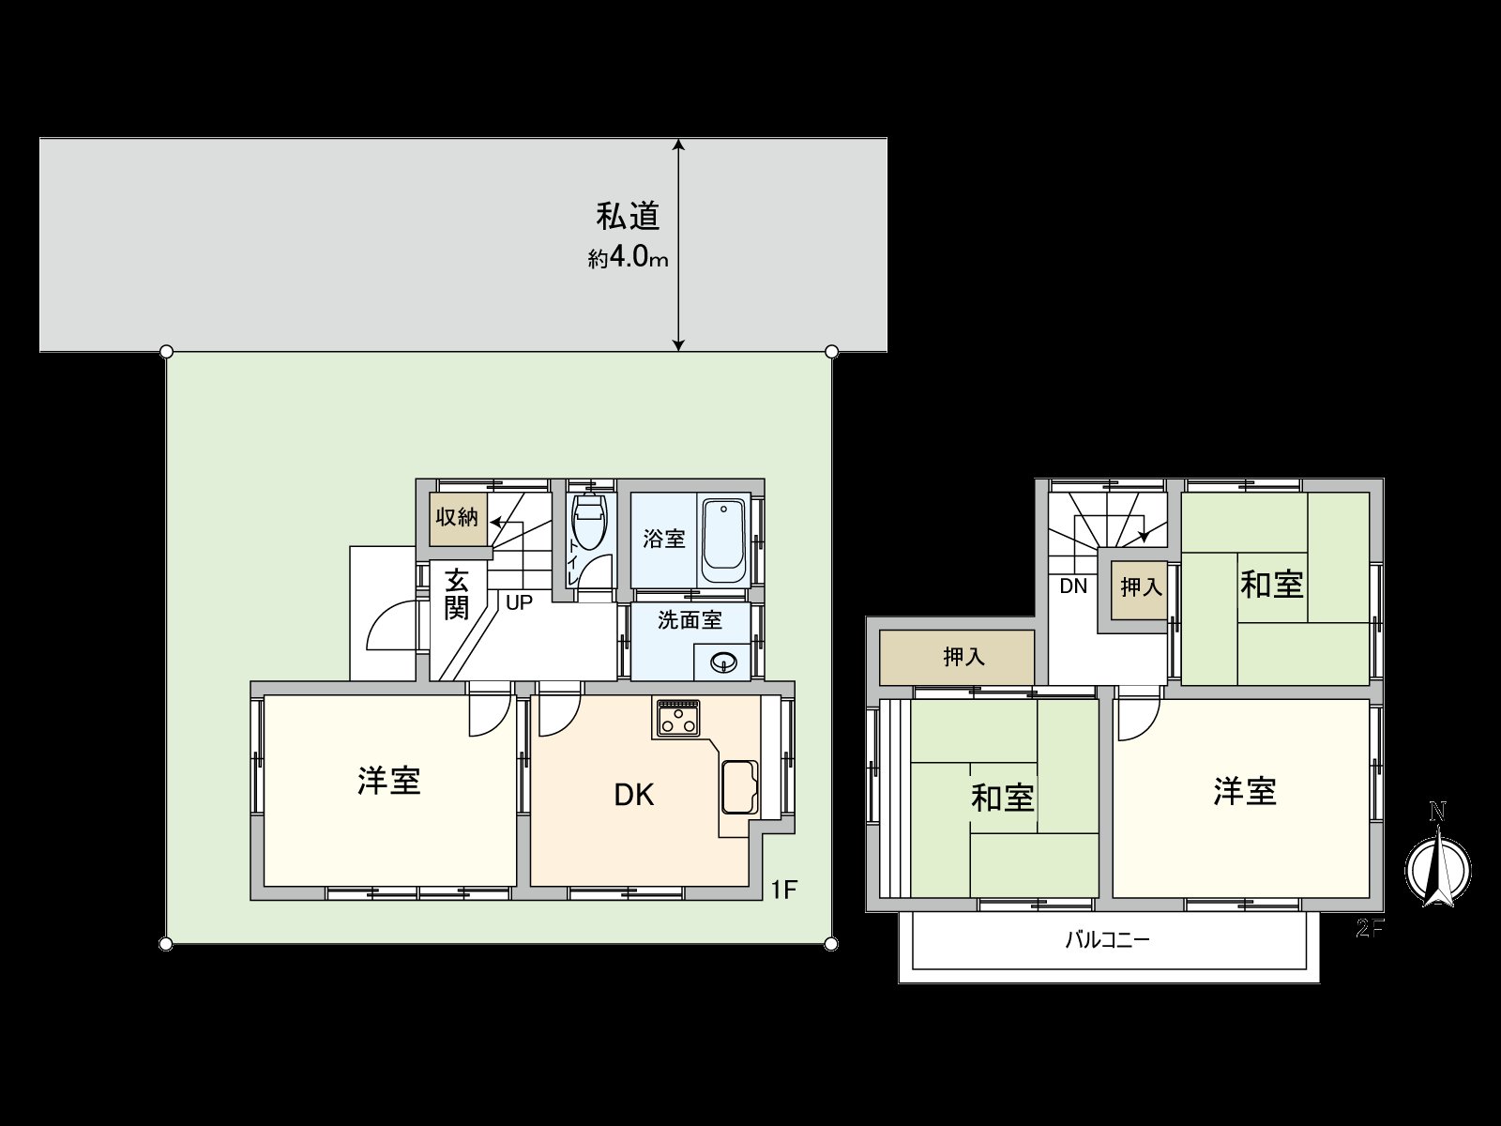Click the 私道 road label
coord(629,217)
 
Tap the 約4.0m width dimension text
coord(628,258)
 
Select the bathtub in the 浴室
coord(723,541)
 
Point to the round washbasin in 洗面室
coord(723,662)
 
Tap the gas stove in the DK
coord(677,719)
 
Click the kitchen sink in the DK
coord(740,786)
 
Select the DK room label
coord(633,796)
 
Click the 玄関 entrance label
coord(457,594)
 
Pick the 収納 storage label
coord(457,517)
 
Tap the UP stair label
coord(519,603)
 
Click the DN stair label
coord(1072,587)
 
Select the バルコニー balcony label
coord(1107,940)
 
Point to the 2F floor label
coord(1370,929)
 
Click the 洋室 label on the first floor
coord(388,781)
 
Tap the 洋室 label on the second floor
coord(1244,791)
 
